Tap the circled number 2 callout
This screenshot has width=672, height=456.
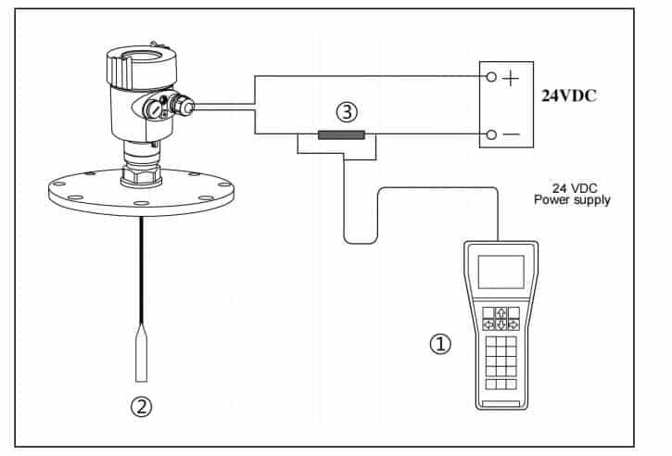pyautogui.click(x=141, y=405)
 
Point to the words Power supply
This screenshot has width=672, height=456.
pyautogui.click(x=571, y=199)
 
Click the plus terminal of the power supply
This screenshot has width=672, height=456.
pyautogui.click(x=491, y=78)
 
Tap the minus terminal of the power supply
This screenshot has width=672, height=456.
pyautogui.click(x=491, y=134)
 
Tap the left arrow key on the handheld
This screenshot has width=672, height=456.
pyautogui.click(x=488, y=324)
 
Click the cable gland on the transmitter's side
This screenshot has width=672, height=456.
pyautogui.click(x=187, y=109)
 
